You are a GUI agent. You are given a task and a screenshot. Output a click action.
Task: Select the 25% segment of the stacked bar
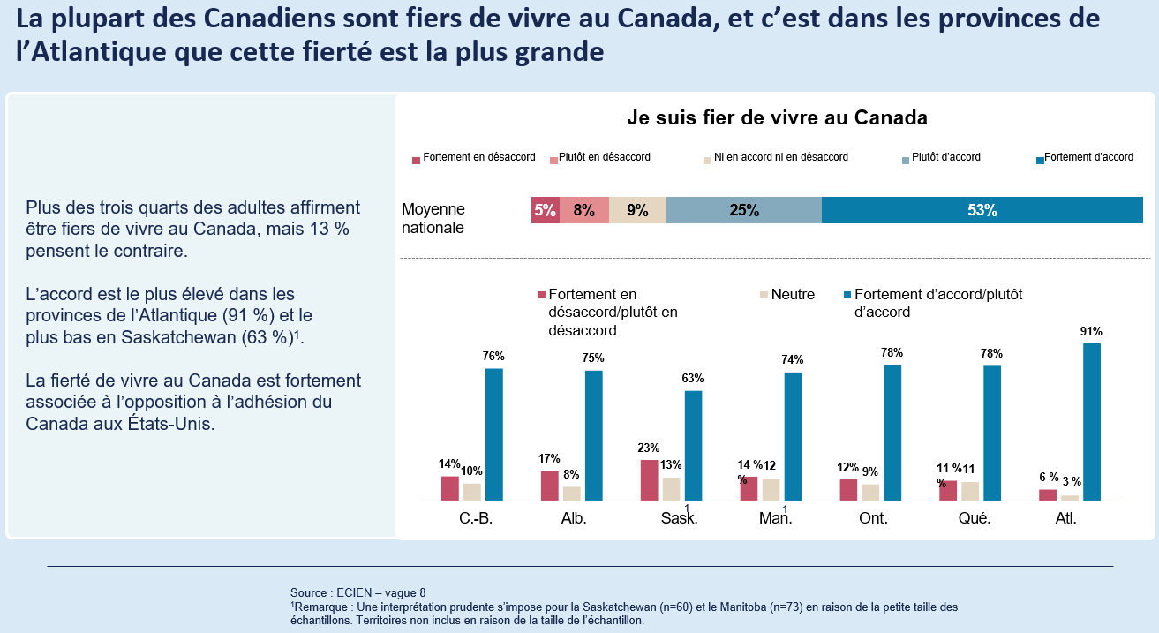pos(743,210)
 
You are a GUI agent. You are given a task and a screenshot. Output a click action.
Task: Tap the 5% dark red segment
pos(545,210)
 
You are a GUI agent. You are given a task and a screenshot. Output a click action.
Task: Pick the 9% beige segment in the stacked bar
pos(637,210)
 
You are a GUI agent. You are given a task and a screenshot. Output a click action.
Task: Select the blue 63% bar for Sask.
pos(693,446)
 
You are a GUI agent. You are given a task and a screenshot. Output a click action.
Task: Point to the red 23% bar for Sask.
pos(649,480)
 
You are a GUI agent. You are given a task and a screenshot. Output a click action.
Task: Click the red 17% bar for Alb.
pos(549,486)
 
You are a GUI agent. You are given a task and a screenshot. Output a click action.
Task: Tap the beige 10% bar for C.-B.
pos(472,492)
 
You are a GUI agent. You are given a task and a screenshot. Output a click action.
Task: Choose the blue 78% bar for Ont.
pos(892,433)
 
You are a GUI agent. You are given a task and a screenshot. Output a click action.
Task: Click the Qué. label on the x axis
pos(974,518)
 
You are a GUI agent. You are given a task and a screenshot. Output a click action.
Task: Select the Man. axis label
pos(775,518)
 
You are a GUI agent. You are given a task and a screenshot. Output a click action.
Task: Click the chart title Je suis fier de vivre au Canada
pos(777,117)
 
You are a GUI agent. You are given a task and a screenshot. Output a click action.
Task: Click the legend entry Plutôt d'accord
pos(945,157)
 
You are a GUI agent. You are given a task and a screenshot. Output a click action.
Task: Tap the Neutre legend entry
pos(792,294)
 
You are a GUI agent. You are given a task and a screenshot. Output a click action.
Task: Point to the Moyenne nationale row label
pos(433,218)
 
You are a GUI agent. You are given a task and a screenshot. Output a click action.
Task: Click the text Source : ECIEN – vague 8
pos(357,592)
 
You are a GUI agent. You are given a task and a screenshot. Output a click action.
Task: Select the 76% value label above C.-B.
pos(493,357)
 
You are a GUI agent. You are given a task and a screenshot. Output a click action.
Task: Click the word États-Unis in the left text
pos(168,422)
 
